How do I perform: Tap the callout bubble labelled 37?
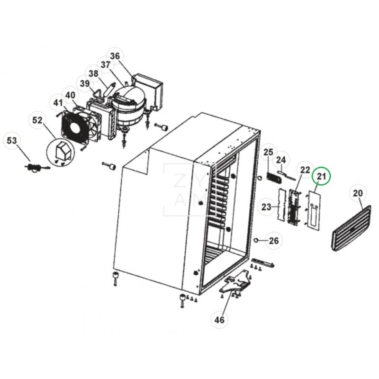[x=105, y=65]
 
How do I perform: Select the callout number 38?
[x=93, y=74]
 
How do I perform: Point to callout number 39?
[x=85, y=84]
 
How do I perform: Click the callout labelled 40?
[x=70, y=95]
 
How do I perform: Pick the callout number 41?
[x=58, y=103]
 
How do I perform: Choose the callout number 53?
[x=12, y=141]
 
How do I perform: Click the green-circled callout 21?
[x=322, y=177]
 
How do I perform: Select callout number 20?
[x=358, y=193]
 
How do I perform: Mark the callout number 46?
[x=219, y=320]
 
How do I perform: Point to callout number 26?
[x=273, y=241]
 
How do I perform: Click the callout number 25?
[x=269, y=152]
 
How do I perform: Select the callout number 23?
[x=266, y=207]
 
